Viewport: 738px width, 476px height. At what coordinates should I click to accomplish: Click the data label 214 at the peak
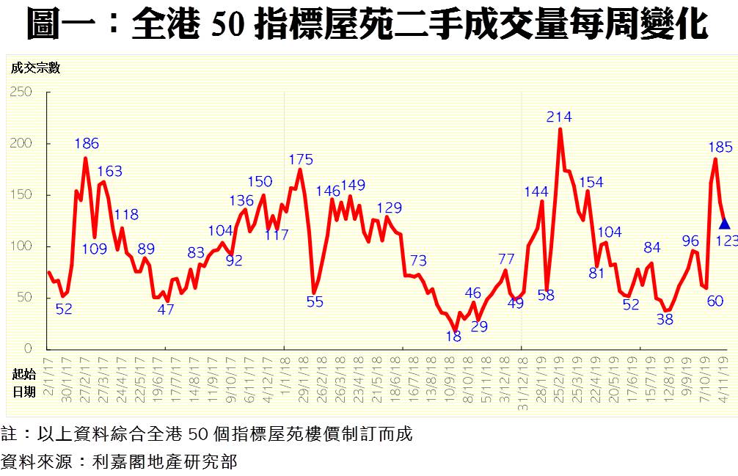[x=559, y=117]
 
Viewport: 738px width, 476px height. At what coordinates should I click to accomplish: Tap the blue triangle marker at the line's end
[x=725, y=224]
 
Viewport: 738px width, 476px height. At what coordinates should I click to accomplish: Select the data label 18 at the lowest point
[x=453, y=337]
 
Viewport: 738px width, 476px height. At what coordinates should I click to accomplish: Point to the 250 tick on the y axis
[x=22, y=92]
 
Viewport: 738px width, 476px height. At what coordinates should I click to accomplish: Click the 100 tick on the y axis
[x=22, y=246]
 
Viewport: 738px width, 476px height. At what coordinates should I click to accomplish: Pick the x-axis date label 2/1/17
[x=48, y=376]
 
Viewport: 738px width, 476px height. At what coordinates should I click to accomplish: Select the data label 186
[x=87, y=144]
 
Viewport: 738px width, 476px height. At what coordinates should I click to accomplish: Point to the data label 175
[x=301, y=159]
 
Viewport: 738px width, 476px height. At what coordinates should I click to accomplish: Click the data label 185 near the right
[x=720, y=147]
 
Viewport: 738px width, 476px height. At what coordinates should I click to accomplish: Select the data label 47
[x=166, y=310]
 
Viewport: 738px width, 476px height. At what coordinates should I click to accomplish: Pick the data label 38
[x=665, y=319]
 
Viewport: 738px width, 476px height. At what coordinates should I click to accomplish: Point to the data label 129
[x=390, y=208]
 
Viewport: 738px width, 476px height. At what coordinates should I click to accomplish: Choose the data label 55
[x=315, y=301]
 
